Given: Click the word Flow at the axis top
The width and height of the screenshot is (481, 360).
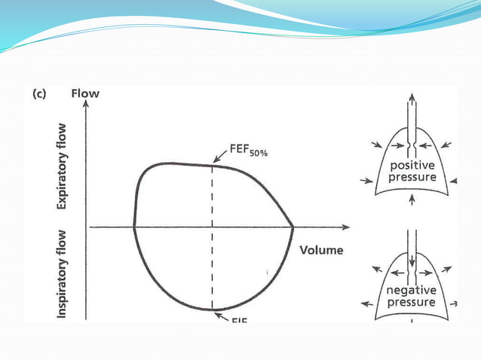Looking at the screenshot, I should [x=84, y=94].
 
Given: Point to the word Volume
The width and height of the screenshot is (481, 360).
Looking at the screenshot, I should [x=322, y=250].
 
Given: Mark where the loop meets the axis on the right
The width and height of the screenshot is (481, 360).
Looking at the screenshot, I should [x=293, y=224].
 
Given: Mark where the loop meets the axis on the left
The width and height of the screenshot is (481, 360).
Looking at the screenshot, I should [x=133, y=224].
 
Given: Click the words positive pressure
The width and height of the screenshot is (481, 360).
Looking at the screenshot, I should [x=412, y=172].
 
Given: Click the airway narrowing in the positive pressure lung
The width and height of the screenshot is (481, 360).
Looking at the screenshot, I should [x=411, y=143].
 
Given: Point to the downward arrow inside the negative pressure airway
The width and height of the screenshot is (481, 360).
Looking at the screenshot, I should [x=411, y=264].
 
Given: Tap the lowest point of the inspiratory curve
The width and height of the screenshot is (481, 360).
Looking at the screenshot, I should [x=213, y=309].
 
